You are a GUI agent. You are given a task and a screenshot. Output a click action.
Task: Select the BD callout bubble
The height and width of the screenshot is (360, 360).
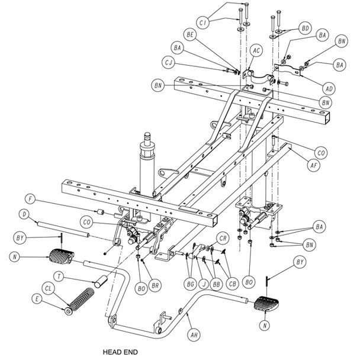point(306,28)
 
